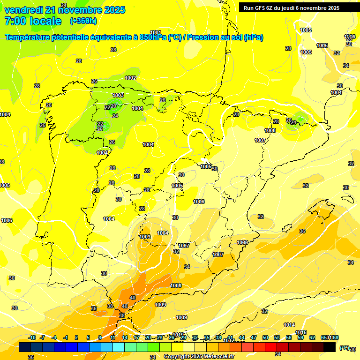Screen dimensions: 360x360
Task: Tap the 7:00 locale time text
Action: tap(33, 21)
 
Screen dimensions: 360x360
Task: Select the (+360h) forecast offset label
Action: tap(83, 21)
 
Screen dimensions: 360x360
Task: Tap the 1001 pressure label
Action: tap(156, 32)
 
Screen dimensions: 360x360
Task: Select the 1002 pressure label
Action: tap(130, 78)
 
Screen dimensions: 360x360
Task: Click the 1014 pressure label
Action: tap(289, 325)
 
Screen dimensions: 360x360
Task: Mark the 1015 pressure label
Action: tap(301, 332)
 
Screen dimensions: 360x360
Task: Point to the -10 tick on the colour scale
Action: tap(32, 337)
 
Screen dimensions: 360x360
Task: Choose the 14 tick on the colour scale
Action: tap(125, 337)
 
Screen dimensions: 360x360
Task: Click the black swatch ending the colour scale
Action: tap(330, 347)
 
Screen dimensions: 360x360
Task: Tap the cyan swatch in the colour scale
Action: tap(119, 347)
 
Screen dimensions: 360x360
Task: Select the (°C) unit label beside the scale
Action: tap(345, 347)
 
